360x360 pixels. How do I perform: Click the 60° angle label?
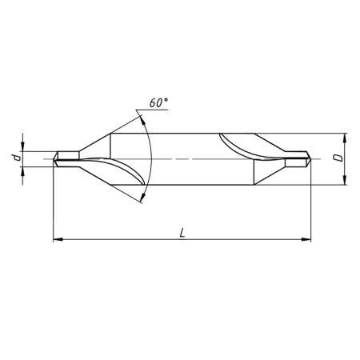[158, 103]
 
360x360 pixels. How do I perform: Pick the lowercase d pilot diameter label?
[16, 158]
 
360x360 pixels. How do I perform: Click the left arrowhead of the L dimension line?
[57, 238]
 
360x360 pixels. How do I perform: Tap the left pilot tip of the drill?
[56, 158]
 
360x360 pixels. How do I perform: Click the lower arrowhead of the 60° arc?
[145, 195]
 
